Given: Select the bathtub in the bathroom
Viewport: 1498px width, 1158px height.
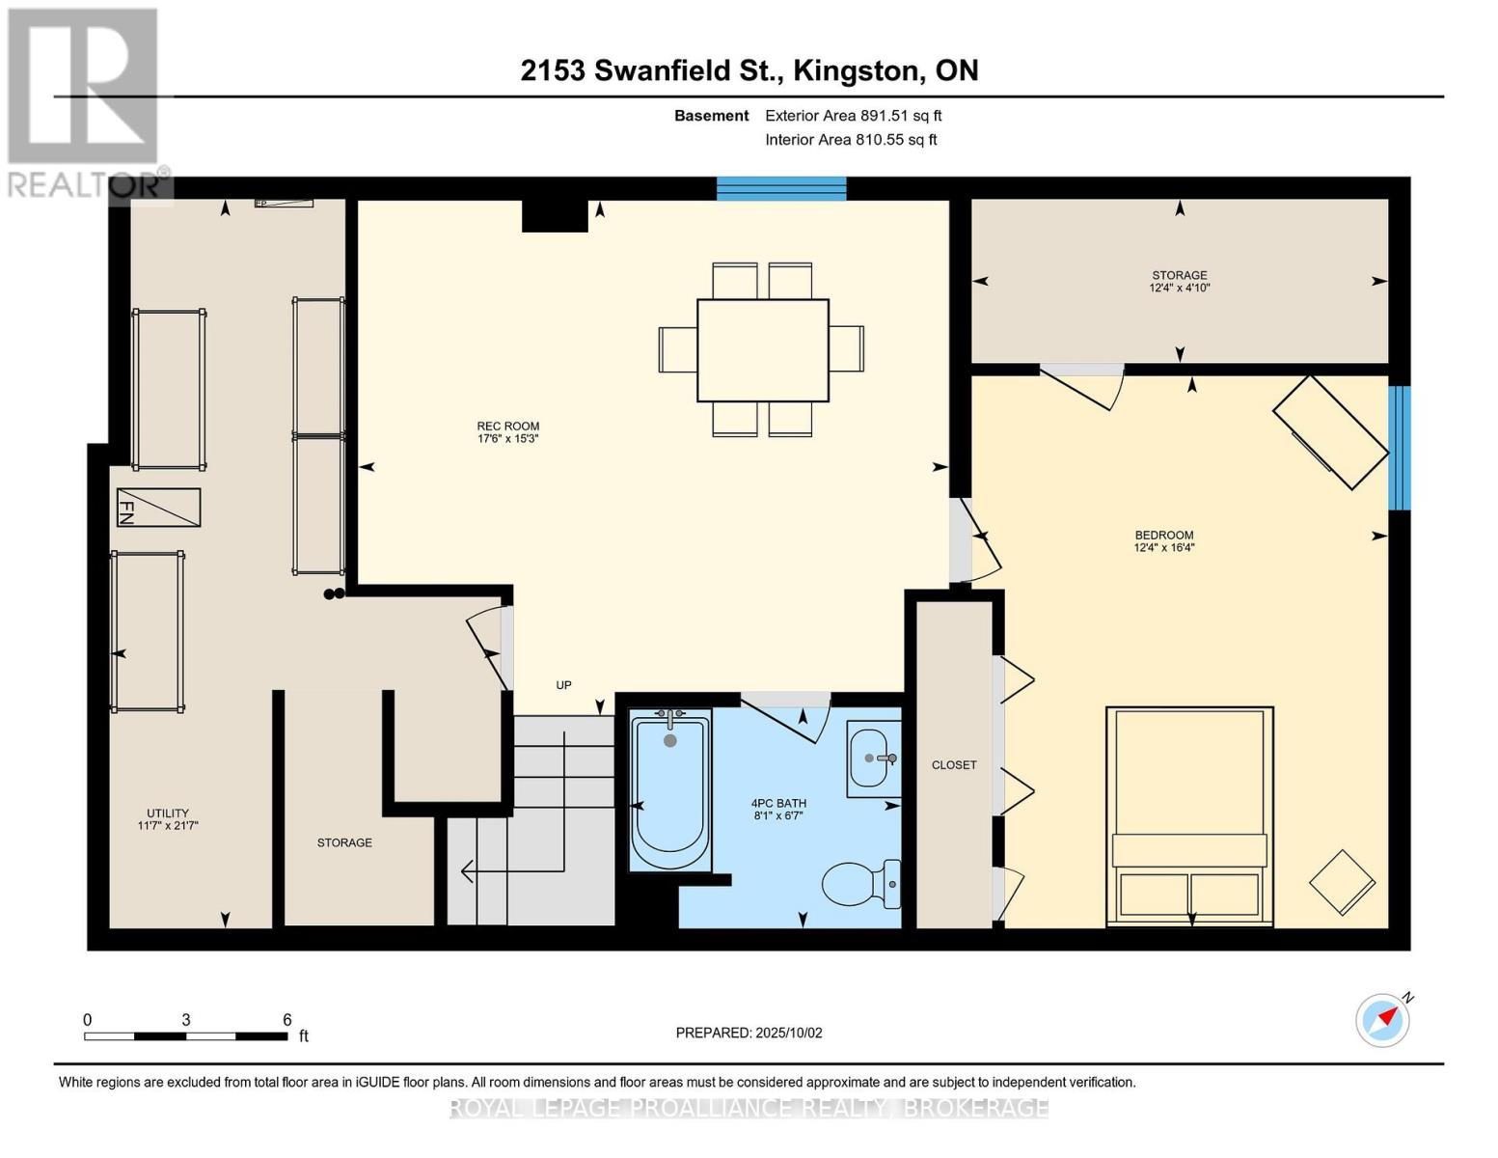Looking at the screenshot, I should (669, 789).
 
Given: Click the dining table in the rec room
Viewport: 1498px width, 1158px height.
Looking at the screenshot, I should (762, 349).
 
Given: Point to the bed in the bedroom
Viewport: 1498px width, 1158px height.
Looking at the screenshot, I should (1189, 816).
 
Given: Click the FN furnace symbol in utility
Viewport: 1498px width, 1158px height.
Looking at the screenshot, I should (158, 508).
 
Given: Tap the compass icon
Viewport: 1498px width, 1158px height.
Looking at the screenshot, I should (1382, 1019).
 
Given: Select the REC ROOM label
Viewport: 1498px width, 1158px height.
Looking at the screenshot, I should (508, 427).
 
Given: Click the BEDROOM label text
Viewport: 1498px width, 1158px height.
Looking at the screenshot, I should (1164, 536).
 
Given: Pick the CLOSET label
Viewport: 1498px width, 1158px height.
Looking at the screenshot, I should (954, 765).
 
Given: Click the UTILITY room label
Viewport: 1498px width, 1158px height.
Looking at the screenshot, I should (168, 813).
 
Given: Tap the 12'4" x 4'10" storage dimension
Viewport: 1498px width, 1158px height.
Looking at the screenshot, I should (1179, 288).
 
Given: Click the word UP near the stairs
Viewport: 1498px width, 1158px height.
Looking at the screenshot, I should (563, 685).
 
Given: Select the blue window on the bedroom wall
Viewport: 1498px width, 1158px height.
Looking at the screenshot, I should (1399, 448).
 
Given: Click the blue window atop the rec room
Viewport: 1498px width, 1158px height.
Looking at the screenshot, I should (781, 188).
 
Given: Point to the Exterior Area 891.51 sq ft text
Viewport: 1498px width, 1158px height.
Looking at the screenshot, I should (853, 116).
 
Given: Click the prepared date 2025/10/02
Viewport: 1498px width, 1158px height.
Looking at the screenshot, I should (749, 1033).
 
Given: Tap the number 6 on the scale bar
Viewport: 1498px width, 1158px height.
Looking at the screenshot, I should (286, 1020).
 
